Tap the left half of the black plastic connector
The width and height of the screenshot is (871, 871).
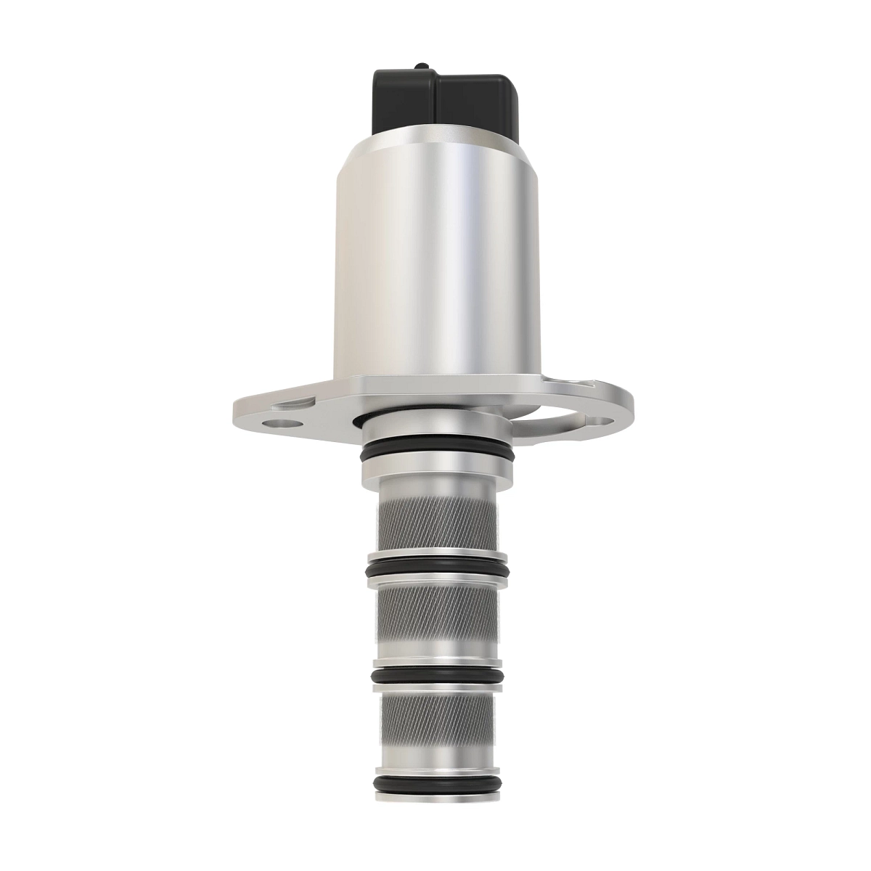click(403, 102)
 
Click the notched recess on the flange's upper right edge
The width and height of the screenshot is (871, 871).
click(573, 380)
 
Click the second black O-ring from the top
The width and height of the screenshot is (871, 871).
click(435, 565)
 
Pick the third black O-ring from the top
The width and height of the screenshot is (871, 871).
click(435, 676)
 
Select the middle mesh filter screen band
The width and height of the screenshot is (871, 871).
click(435, 613)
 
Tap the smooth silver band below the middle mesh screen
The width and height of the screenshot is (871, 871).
click(435, 650)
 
